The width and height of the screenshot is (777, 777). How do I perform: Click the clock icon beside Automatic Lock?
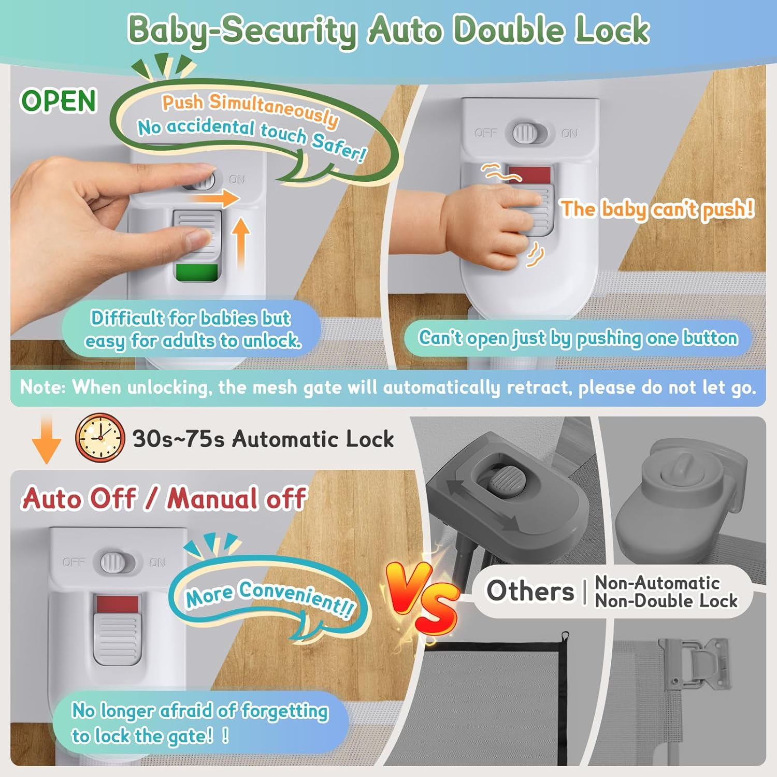(x=100, y=438)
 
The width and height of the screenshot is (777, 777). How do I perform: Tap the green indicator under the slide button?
(x=197, y=272)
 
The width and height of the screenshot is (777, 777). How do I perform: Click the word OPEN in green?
(x=59, y=100)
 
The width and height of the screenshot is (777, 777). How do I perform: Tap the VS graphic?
(x=423, y=598)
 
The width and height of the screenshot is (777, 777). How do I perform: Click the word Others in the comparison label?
(x=530, y=591)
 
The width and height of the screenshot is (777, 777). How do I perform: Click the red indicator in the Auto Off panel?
(x=117, y=604)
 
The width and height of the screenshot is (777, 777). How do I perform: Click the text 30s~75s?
(x=179, y=439)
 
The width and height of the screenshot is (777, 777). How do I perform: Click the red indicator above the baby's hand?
(x=529, y=174)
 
